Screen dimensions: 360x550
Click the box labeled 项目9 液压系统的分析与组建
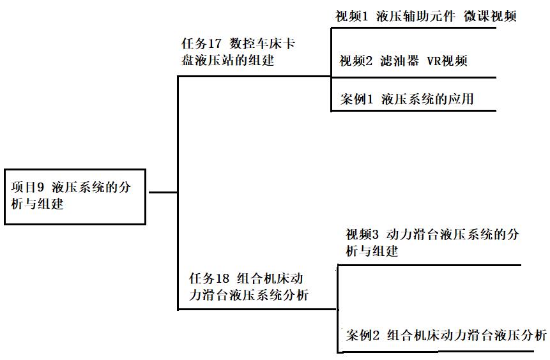tap(75, 196)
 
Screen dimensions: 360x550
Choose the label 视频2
tap(355, 61)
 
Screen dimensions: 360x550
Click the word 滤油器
tap(399, 61)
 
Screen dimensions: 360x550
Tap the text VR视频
tap(447, 61)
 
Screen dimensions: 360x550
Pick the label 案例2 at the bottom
tap(363, 336)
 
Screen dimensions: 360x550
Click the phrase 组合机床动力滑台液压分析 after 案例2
tap(467, 336)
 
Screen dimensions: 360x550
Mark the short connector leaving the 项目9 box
tap(162, 192)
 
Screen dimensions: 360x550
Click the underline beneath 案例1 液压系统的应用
tap(413, 111)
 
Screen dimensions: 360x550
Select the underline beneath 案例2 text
tap(441, 352)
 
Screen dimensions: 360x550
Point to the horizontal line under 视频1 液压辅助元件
tap(413, 27)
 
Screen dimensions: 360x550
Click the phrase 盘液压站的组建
tap(228, 60)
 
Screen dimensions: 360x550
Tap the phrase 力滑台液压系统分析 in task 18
tap(249, 295)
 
